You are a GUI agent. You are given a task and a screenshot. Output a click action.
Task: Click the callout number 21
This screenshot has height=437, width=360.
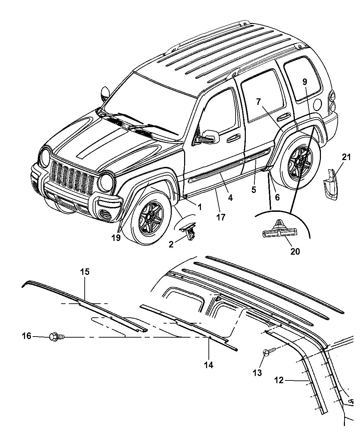pyautogui.click(x=346, y=157)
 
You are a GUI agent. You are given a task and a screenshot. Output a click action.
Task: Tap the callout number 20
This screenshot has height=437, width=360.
pyautogui.click(x=295, y=251)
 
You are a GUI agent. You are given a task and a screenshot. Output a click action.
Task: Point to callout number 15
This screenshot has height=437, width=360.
pyautogui.click(x=85, y=272)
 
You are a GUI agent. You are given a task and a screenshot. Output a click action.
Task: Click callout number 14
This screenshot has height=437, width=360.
pyautogui.click(x=208, y=365)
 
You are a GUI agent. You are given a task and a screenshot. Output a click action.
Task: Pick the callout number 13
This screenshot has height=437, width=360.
pyautogui.click(x=257, y=372)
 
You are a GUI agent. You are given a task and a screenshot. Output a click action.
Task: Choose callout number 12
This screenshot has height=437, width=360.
pyautogui.click(x=279, y=380)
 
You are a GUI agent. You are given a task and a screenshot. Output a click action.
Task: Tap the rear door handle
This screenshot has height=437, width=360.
pyautogui.click(x=283, y=117)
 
